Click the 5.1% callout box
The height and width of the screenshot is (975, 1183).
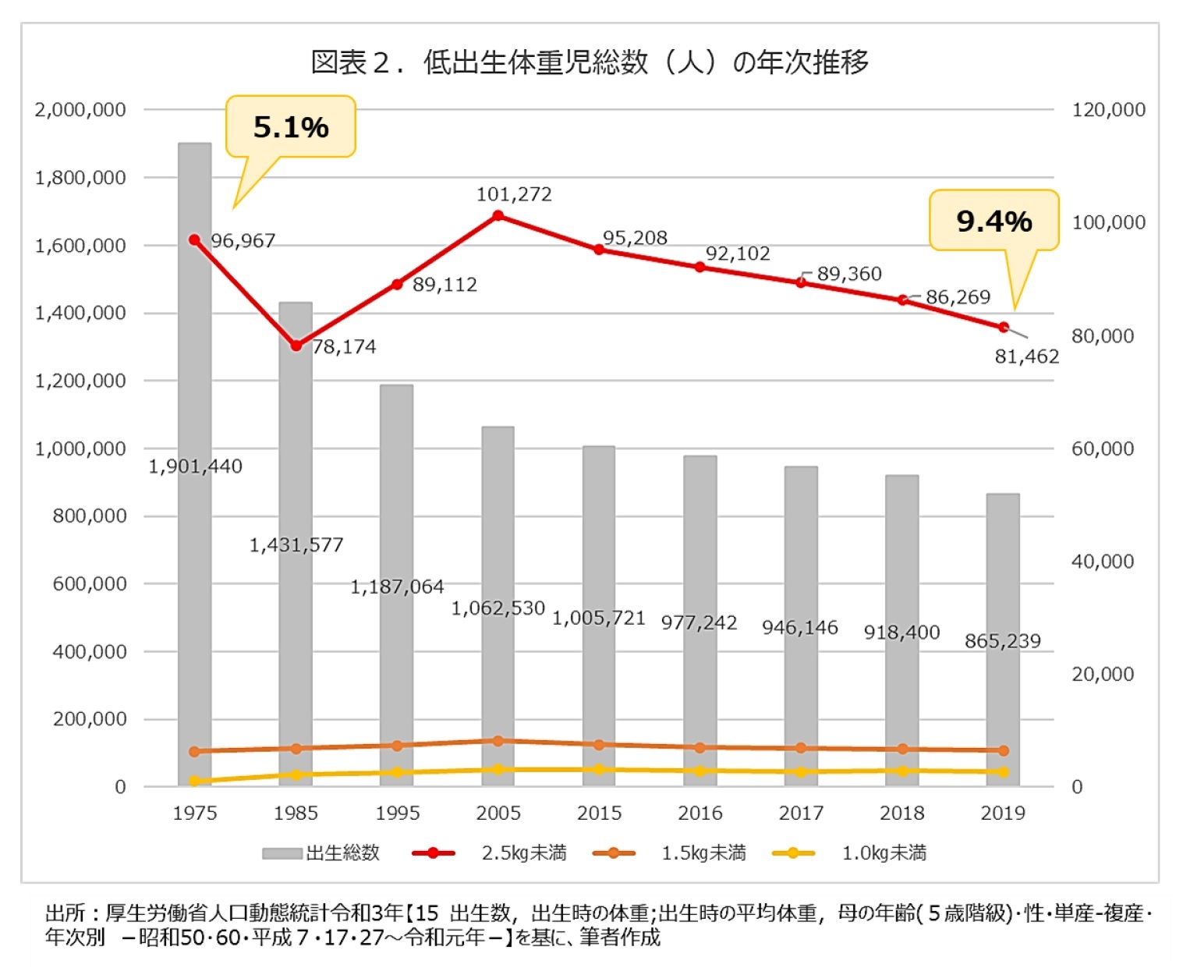(290, 126)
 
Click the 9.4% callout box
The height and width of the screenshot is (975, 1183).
(994, 221)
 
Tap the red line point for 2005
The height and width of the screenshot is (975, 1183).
(498, 215)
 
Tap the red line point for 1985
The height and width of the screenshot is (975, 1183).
(296, 346)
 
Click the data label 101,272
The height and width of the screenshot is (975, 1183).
(514, 194)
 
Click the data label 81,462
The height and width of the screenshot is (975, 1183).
(1026, 356)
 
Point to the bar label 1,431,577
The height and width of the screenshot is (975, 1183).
(296, 544)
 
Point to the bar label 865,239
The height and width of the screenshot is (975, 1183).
(1002, 641)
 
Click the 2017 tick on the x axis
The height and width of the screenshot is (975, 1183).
(801, 813)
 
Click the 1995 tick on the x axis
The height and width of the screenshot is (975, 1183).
(397, 813)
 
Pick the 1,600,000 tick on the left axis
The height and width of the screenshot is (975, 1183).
(80, 246)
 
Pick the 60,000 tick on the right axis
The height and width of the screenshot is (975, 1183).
(1102, 448)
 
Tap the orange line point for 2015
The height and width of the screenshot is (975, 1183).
(599, 745)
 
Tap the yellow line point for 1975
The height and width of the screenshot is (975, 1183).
(194, 781)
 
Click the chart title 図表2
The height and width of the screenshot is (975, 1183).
(590, 62)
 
